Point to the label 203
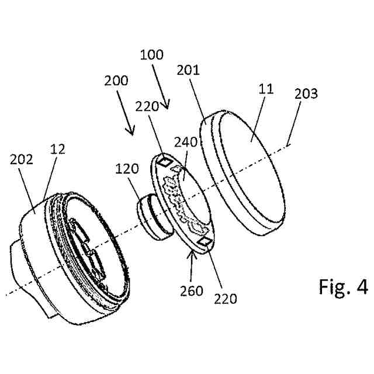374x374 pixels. (306, 93)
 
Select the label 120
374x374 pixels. (127, 169)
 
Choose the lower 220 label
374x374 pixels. (226, 299)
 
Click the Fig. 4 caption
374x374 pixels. (344, 288)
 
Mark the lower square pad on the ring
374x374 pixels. (205, 240)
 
